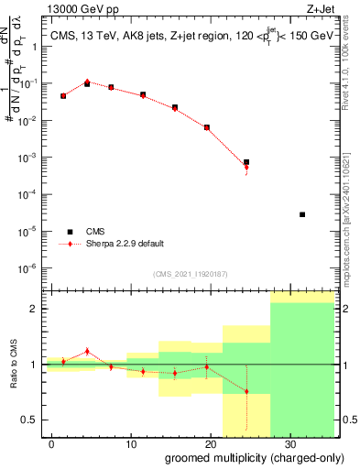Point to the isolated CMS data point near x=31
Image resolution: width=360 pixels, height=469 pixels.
302,214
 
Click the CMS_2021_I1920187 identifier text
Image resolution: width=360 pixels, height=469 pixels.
191,274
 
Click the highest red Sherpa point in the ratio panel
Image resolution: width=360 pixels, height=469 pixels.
87,351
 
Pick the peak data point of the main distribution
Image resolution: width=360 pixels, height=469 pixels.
87,82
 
